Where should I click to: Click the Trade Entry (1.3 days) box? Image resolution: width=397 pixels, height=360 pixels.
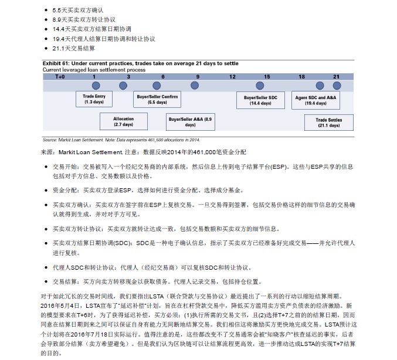click(x=94, y=99)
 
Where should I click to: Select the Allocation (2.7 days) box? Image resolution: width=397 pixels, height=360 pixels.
click(x=123, y=121)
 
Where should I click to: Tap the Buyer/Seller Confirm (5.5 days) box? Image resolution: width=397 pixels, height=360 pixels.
click(x=157, y=99)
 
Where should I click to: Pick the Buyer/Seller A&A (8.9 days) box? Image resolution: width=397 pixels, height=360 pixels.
click(x=190, y=121)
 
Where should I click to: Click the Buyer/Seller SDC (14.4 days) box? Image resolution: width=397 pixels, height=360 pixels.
click(x=260, y=99)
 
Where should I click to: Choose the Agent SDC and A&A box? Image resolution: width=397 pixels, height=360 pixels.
click(x=315, y=99)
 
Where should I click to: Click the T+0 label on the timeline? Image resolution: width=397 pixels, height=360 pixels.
click(x=60, y=77)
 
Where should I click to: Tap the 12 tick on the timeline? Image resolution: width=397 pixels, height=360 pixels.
click(x=232, y=77)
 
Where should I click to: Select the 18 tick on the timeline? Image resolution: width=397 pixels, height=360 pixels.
click(x=301, y=77)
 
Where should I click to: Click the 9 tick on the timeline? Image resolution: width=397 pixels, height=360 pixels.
click(x=198, y=77)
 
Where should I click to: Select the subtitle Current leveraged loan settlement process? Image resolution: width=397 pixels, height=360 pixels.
click(x=94, y=70)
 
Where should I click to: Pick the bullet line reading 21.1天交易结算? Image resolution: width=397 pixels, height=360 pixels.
click(x=74, y=48)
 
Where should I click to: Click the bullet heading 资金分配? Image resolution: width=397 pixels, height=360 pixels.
click(x=65, y=190)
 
